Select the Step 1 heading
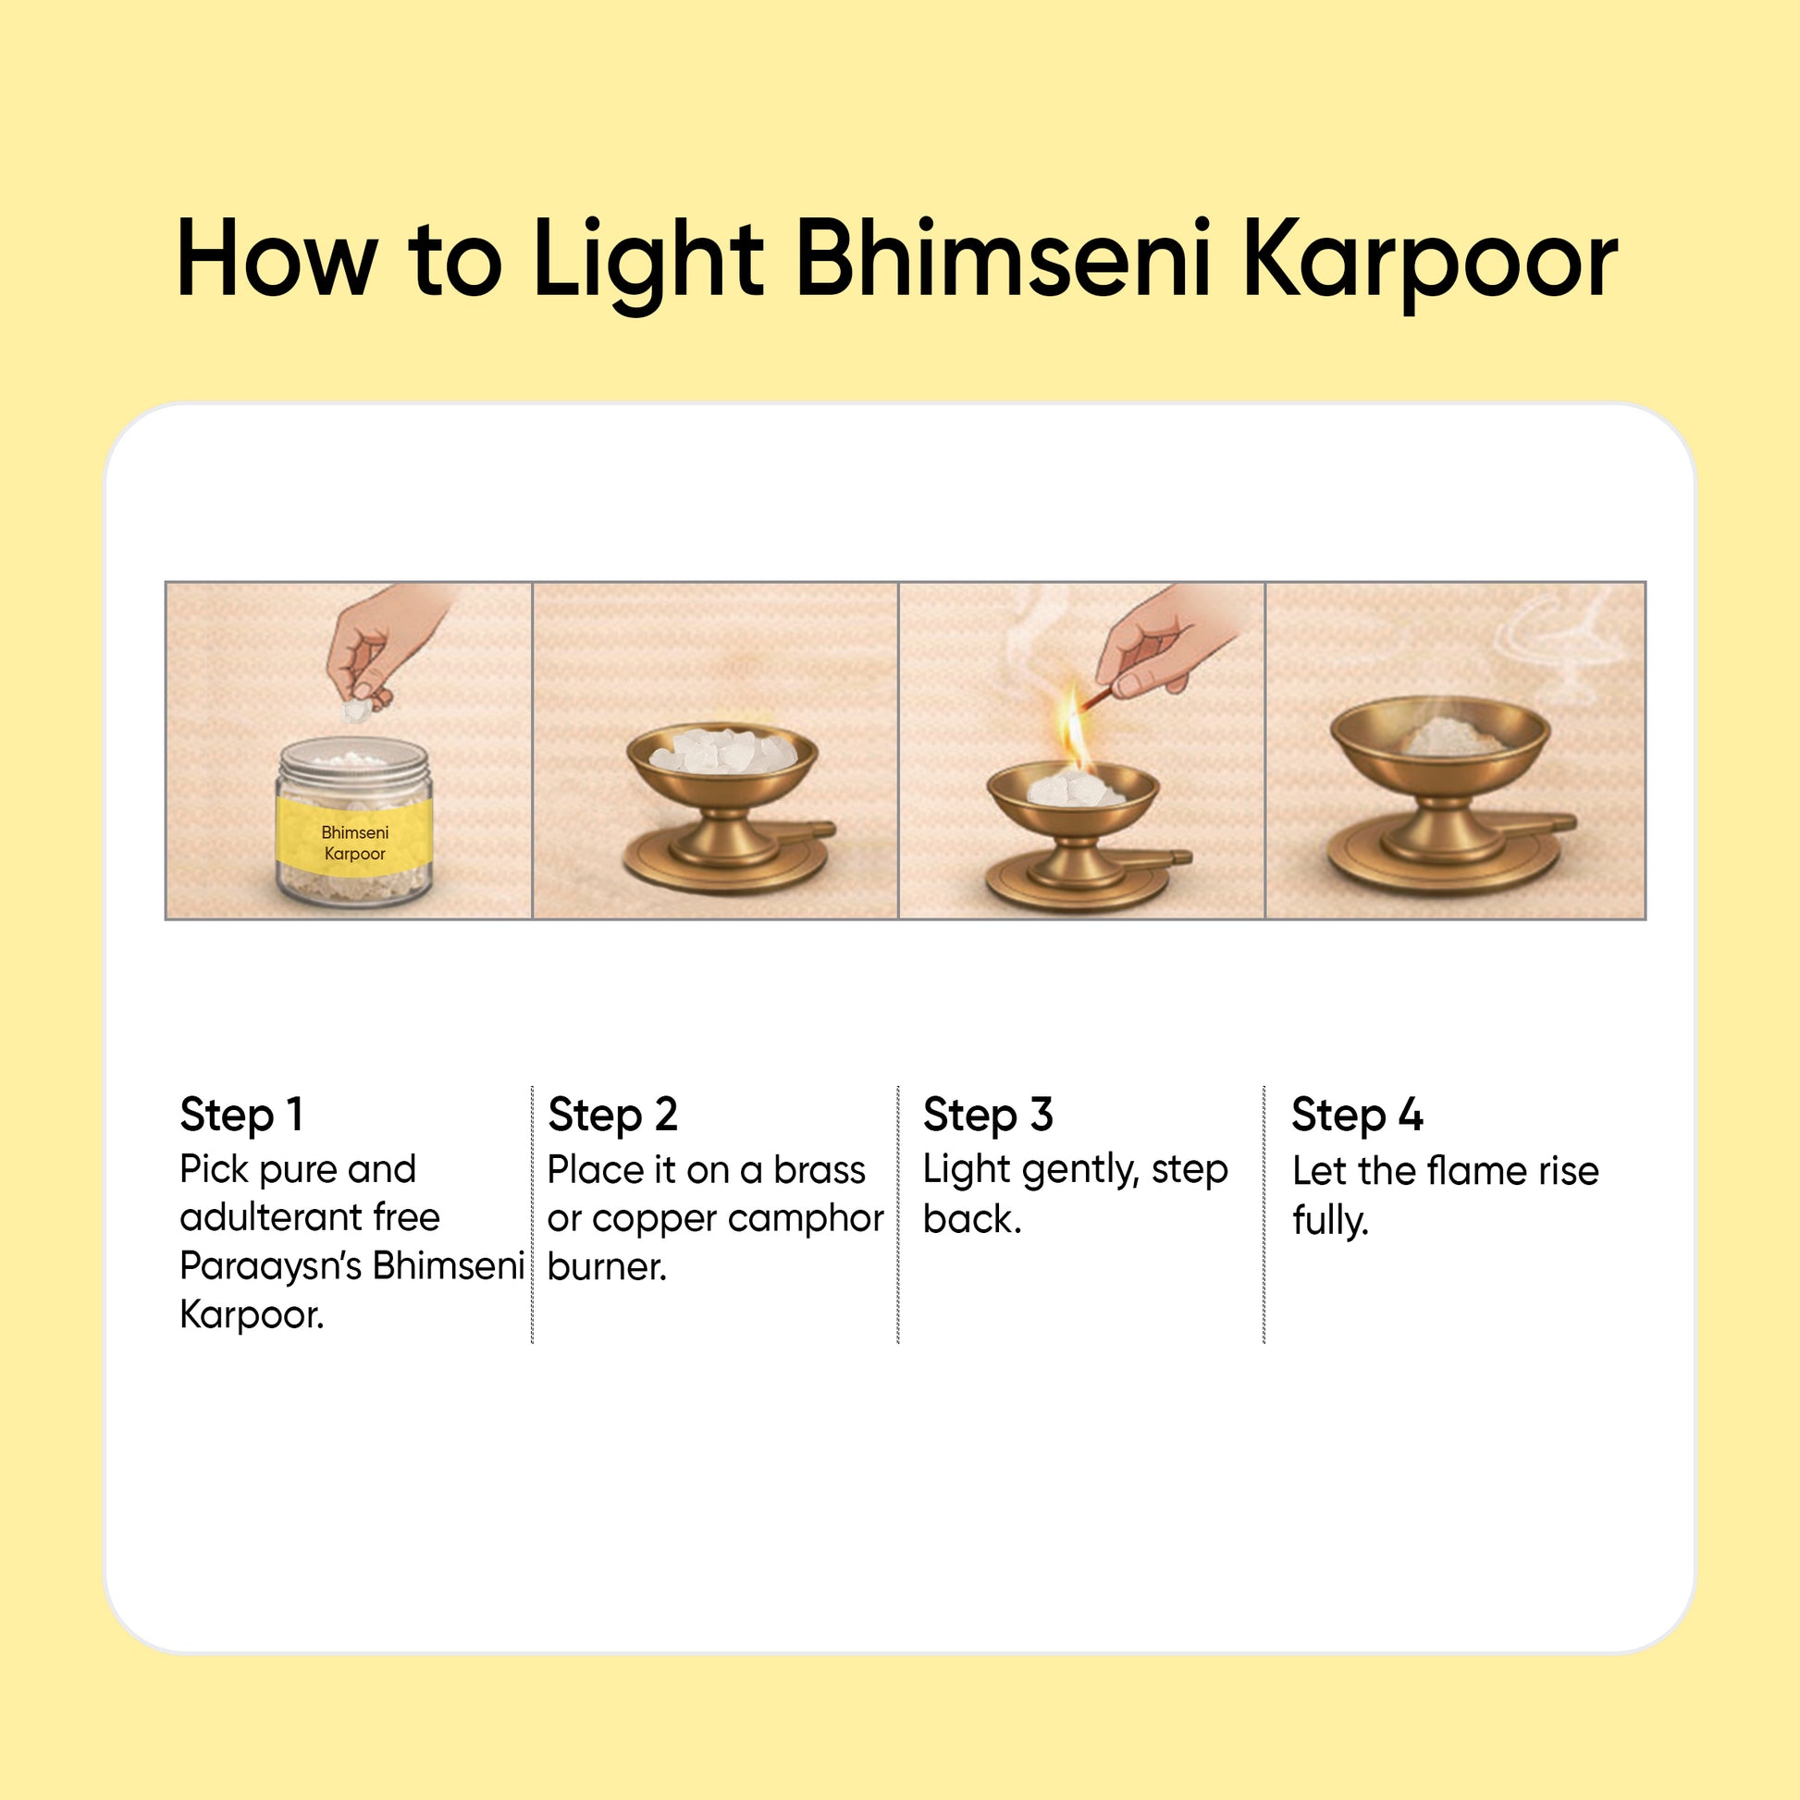coord(241,1116)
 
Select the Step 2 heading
coord(612,1116)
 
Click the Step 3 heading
coord(988,1116)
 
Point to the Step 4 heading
coord(1357,1116)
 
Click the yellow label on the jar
coord(354,842)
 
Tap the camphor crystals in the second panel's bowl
coord(722,750)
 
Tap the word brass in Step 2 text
coord(819,1171)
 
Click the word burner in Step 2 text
coord(607,1268)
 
